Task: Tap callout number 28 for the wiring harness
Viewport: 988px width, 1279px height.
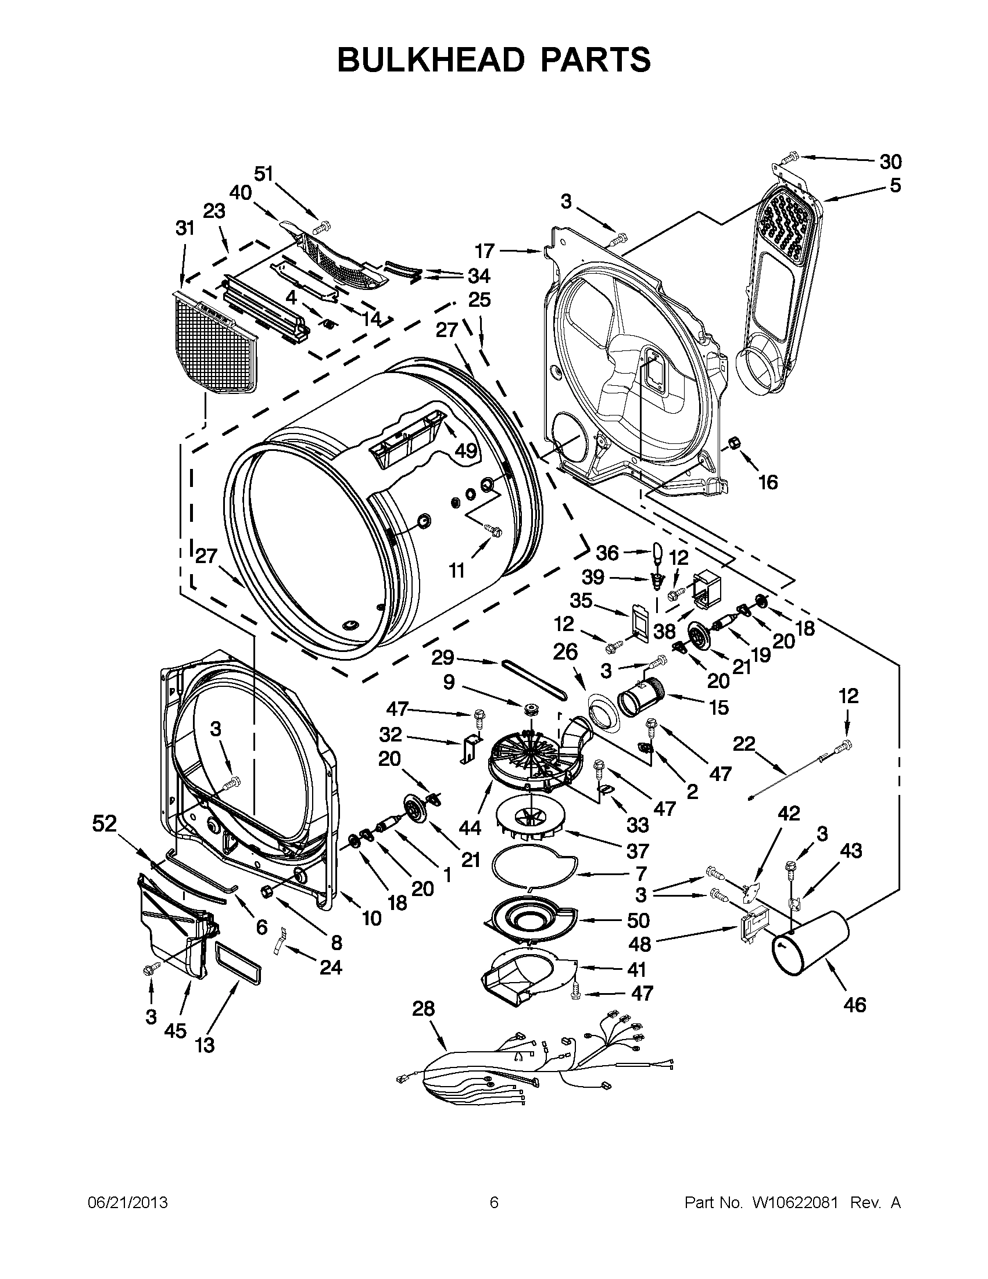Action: [x=424, y=1008]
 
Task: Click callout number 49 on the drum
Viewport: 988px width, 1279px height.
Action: [x=466, y=450]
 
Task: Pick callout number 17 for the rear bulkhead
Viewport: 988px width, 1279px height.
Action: [x=484, y=251]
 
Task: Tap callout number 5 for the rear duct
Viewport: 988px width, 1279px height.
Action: [x=894, y=186]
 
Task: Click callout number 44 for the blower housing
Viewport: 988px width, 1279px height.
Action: [x=470, y=827]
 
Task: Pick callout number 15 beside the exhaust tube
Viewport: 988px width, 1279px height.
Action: [x=718, y=707]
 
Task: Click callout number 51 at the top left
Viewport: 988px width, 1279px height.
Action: [x=263, y=174]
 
